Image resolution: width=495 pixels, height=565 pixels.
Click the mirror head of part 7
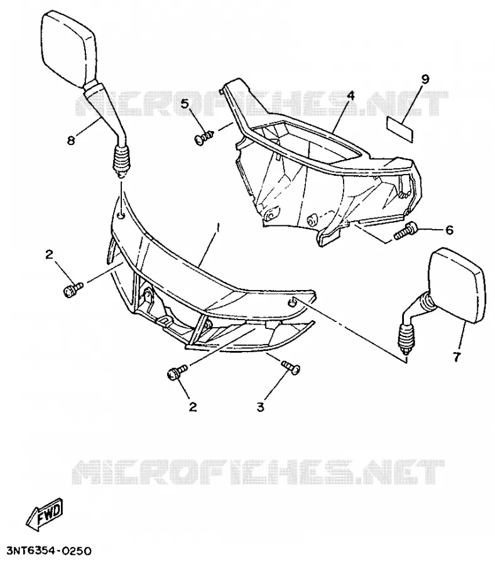[457, 284]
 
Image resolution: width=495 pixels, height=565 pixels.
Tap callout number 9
[425, 79]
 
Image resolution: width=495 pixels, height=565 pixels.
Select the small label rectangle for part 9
[400, 129]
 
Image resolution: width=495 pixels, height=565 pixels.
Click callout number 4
[350, 95]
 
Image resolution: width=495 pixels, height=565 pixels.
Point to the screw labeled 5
[204, 137]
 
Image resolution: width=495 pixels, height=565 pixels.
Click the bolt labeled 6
[405, 231]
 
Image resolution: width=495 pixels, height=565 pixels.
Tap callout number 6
[449, 230]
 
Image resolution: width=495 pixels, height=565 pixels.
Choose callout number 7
[457, 357]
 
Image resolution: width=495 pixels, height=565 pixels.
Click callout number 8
[72, 141]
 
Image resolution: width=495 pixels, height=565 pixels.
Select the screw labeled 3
[291, 367]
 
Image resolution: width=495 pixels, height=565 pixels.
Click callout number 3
[260, 407]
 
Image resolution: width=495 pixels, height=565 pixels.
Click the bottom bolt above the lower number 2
[177, 372]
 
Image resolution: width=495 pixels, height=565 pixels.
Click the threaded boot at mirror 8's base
[121, 161]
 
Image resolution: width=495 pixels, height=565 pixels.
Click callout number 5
[185, 104]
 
